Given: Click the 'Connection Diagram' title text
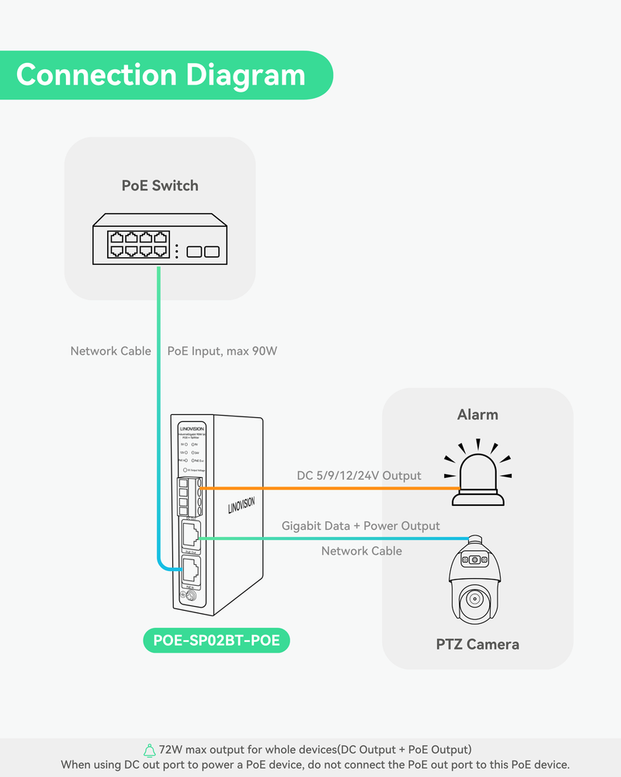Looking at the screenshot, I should (161, 75).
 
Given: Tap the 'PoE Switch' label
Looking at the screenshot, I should (160, 186).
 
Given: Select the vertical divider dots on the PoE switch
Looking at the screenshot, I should (177, 251).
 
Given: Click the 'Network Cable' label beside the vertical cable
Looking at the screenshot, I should (110, 351).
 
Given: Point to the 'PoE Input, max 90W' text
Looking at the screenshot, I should (222, 351).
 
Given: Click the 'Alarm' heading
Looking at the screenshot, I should (477, 415).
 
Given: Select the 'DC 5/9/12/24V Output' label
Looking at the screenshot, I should (359, 476).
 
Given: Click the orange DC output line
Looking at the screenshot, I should (326, 488).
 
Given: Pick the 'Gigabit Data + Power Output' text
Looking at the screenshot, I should (360, 526).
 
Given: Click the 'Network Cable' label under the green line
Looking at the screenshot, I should (362, 551).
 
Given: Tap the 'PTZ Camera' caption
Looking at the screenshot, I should (477, 644).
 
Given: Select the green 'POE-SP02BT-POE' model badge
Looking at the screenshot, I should (217, 640).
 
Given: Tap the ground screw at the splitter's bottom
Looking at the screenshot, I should (186, 597).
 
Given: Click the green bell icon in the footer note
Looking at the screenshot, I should (150, 750).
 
